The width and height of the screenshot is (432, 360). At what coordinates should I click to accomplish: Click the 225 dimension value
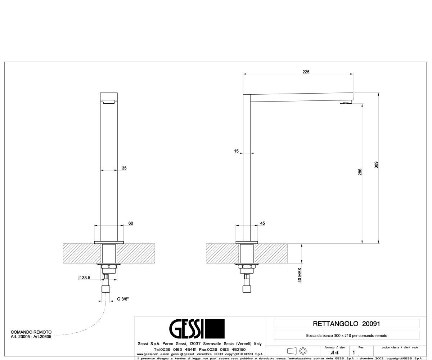pyautogui.click(x=306, y=72)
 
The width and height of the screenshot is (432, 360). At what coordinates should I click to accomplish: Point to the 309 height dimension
pyautogui.click(x=376, y=165)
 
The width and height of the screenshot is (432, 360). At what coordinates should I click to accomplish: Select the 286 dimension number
pyautogui.click(x=360, y=172)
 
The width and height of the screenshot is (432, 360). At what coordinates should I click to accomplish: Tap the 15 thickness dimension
pyautogui.click(x=236, y=151)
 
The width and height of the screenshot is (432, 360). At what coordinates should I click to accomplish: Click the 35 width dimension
pyautogui.click(x=124, y=168)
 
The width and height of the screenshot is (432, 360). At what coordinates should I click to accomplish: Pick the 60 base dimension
pyautogui.click(x=131, y=223)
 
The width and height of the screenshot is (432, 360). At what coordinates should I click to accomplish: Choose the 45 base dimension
pyautogui.click(x=262, y=223)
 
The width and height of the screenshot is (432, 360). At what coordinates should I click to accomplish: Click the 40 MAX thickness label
pyautogui.click(x=300, y=275)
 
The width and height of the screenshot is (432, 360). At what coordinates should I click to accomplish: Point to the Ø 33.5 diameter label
pyautogui.click(x=84, y=278)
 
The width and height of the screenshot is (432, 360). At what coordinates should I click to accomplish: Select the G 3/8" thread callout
pyautogui.click(x=123, y=299)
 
